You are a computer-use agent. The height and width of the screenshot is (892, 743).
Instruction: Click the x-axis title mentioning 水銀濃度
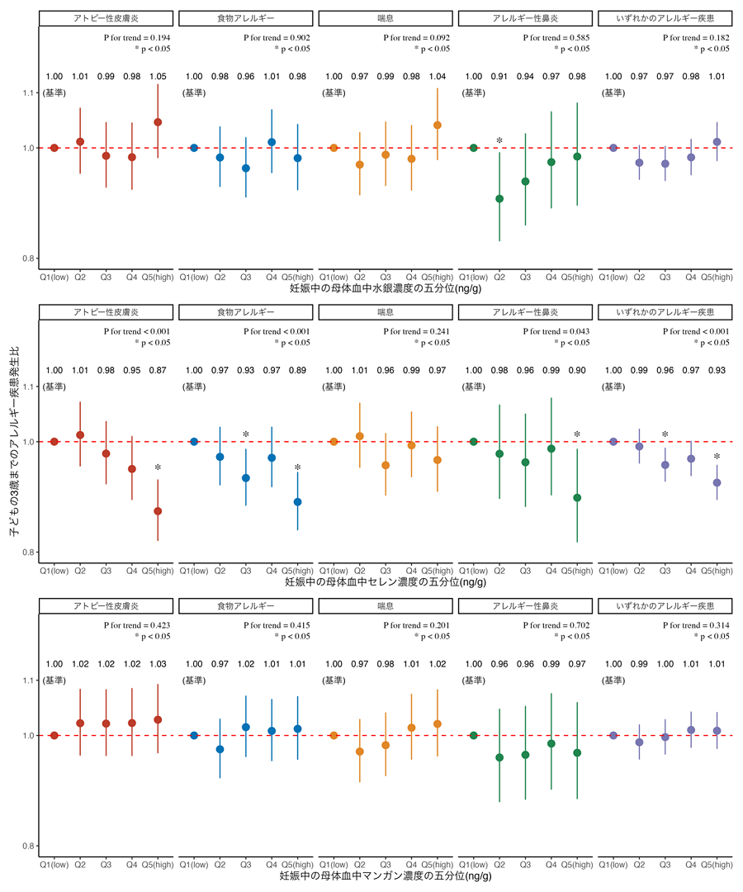(x=387, y=290)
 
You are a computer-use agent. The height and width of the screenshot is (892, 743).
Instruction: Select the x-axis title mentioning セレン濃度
(x=385, y=583)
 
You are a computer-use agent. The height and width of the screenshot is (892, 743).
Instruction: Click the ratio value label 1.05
(x=158, y=77)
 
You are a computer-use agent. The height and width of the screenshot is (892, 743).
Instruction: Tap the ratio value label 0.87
(x=158, y=371)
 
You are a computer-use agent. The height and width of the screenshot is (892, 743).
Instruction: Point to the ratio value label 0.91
(x=499, y=77)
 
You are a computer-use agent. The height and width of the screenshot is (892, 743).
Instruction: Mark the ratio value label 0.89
(x=297, y=371)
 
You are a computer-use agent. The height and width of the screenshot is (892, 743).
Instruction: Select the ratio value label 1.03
(x=158, y=664)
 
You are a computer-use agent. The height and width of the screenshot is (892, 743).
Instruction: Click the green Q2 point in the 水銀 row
(x=499, y=199)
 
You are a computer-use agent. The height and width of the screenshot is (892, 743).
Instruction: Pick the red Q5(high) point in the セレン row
(x=158, y=511)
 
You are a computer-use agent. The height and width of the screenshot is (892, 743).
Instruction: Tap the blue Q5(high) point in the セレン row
(x=297, y=501)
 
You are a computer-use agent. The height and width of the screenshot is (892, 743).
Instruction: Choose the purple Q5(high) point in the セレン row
(x=717, y=482)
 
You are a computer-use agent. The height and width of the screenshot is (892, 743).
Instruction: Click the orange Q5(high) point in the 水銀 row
(x=438, y=126)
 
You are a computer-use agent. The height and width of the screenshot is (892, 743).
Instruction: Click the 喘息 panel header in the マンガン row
(x=385, y=606)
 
